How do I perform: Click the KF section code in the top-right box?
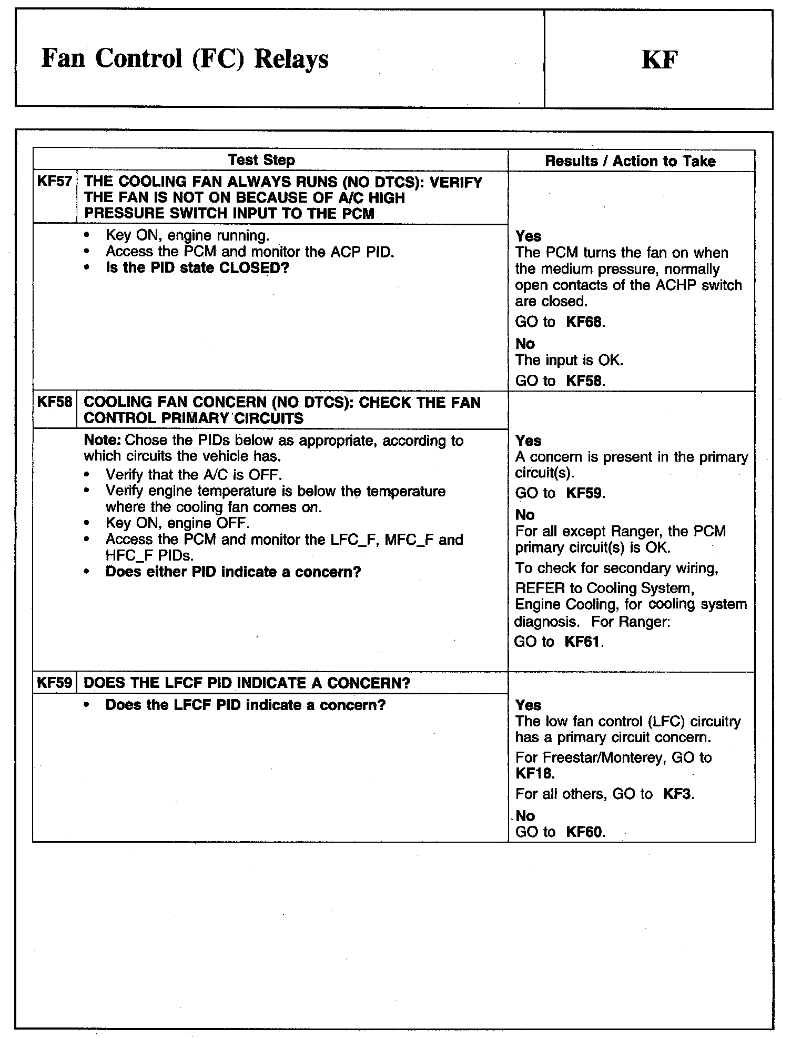pos(660,59)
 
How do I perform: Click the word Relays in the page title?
pos(291,59)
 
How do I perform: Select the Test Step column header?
pos(261,160)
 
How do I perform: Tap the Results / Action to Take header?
pos(630,161)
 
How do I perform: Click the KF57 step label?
pos(54,182)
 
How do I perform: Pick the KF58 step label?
pos(54,403)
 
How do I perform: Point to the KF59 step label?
pos(54,683)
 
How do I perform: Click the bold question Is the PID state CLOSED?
pos(197,268)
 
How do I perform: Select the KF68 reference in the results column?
pos(584,322)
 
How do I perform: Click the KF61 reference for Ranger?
pos(583,642)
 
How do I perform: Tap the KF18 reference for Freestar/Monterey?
pos(534,774)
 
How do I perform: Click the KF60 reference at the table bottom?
pos(584,832)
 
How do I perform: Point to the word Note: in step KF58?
pos(103,440)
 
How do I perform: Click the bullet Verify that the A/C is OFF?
pos(194,475)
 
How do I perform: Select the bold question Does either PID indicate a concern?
pos(233,572)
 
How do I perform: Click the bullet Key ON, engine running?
pos(187,235)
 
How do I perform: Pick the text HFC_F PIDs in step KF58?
pos(149,555)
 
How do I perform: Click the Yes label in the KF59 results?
pos(528,705)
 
